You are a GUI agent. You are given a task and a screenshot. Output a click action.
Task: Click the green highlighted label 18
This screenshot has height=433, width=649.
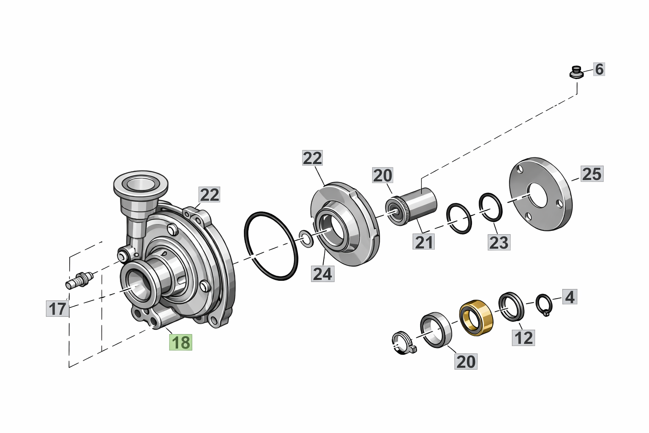click(181, 342)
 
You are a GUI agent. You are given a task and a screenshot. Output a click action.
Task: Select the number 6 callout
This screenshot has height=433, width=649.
click(599, 69)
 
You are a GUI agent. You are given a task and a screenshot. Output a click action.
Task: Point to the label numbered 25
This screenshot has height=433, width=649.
click(592, 174)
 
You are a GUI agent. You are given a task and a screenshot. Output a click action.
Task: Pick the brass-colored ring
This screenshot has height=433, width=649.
click(476, 316)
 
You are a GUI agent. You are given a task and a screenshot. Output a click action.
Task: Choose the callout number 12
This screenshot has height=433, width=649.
click(524, 337)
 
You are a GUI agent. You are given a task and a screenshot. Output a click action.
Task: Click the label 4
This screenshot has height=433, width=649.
click(570, 297)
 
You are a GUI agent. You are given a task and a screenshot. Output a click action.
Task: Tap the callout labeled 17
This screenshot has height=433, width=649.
click(57, 309)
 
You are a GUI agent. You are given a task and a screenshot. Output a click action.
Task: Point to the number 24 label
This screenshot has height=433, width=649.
click(322, 274)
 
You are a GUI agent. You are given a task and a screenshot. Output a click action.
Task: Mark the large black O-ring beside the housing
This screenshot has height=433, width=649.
click(271, 246)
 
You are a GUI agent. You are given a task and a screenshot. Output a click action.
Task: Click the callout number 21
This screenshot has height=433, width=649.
click(424, 242)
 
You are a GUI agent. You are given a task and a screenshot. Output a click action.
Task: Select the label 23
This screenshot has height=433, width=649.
click(499, 243)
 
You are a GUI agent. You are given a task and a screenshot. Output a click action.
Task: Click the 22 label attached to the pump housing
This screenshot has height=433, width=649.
click(210, 195)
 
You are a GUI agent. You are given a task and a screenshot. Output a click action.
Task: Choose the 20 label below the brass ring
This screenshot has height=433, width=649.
click(466, 362)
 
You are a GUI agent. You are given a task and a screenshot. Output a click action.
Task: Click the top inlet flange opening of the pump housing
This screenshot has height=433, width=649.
click(140, 184)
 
